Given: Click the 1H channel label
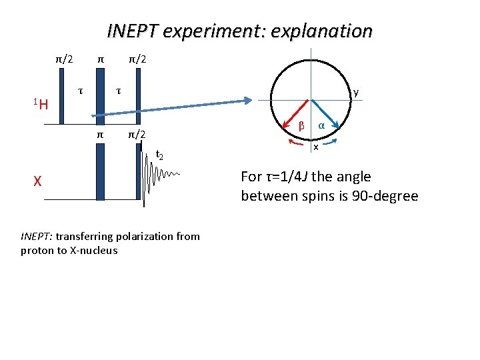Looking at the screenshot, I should [x=41, y=103].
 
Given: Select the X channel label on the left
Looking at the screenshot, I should [x=39, y=180].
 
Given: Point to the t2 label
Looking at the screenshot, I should [x=159, y=155].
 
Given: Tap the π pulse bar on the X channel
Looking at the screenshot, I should [x=100, y=170].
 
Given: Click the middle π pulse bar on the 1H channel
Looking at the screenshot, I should [x=100, y=97].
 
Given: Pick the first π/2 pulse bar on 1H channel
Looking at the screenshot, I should [x=63, y=97].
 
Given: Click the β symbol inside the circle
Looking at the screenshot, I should [x=301, y=125].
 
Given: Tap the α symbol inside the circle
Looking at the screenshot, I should [x=321, y=125].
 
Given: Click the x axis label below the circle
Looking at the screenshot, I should [x=316, y=147].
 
